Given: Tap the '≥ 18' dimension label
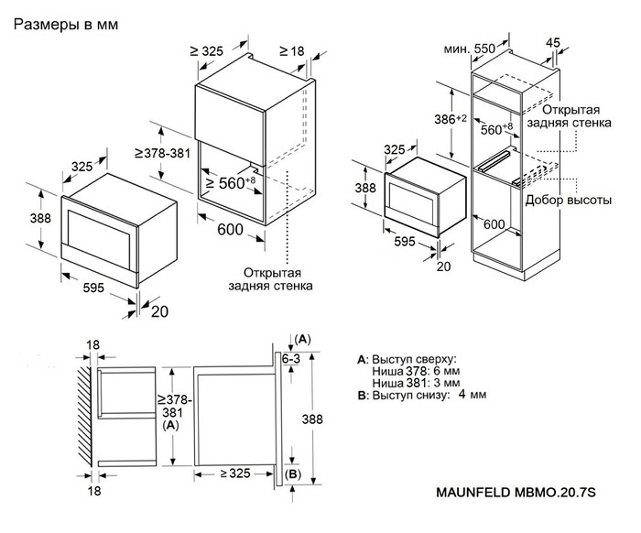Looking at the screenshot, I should (x=290, y=51).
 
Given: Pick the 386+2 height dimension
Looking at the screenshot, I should (x=450, y=120).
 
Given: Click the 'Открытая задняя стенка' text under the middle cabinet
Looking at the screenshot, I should (x=277, y=278).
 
